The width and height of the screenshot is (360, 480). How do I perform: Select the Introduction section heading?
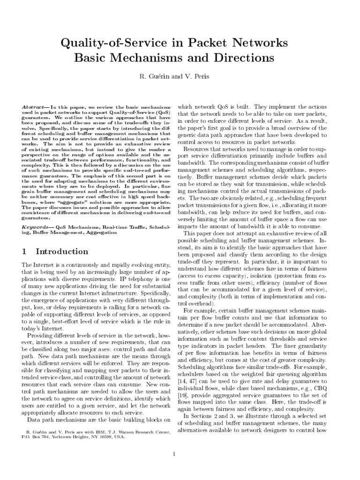click(x=63, y=252)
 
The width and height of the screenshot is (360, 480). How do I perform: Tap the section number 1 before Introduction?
click(x=24, y=252)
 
